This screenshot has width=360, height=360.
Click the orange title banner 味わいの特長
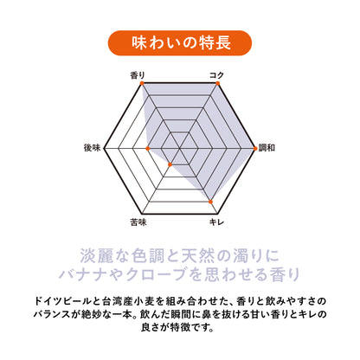(180, 43)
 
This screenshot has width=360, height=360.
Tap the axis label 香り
(138, 75)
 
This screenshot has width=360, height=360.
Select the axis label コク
(216, 75)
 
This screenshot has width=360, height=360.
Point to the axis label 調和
(267, 148)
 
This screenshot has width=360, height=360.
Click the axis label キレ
(216, 222)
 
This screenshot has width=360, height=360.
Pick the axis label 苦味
(138, 222)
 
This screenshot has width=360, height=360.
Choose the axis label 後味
(92, 148)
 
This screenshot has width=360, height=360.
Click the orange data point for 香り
(142, 83)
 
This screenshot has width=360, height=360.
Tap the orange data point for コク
(217, 83)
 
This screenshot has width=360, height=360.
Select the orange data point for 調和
(255, 149)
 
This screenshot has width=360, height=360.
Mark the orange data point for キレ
(210, 202)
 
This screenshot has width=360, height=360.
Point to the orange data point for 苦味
(170, 164)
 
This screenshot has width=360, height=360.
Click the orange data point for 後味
(148, 149)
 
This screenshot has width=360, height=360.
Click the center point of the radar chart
(179, 149)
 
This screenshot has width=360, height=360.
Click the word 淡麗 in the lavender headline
(97, 255)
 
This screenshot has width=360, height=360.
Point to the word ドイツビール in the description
(62, 301)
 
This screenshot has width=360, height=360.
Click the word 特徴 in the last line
(180, 327)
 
